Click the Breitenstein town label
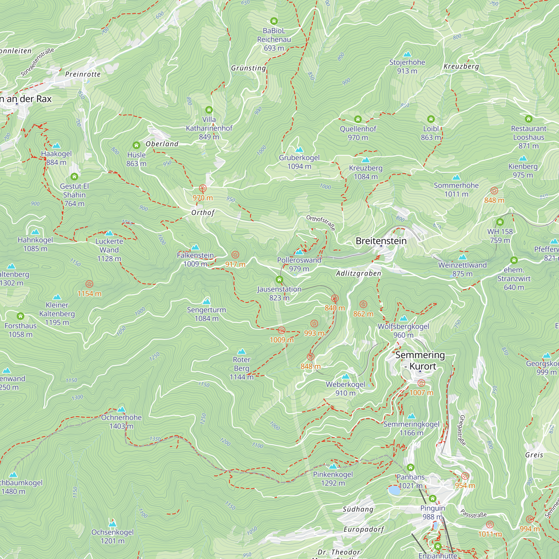381,241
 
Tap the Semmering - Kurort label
420,361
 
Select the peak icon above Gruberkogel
299,150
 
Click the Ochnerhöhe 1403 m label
121,421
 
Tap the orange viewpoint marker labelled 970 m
203,189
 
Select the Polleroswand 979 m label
299,264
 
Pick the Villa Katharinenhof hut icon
209,110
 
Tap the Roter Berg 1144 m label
241,368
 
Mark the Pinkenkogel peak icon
333,466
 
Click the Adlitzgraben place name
359,273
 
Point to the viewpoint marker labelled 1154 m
89,284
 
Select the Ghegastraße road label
462,430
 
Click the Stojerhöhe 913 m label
407,66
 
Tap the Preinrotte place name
83,74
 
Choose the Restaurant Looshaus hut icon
529,119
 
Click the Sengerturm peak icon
206,302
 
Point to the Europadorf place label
364,529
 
